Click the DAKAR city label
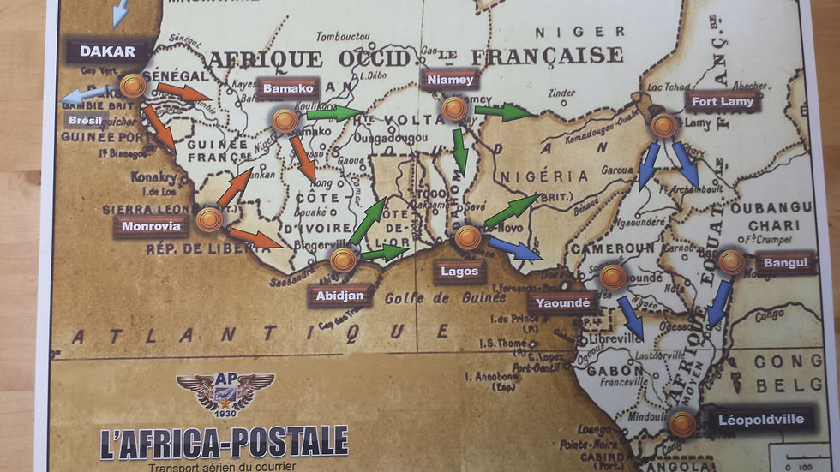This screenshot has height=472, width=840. tap(108, 51)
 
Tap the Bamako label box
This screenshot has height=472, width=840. tap(290, 88)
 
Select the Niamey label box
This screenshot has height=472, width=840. tap(448, 80)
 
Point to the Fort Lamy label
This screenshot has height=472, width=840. tap(722, 102)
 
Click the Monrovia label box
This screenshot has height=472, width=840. tap(151, 226)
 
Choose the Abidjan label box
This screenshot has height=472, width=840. tap(340, 296)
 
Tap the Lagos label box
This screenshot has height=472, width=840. tap(459, 272)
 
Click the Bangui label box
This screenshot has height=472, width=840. tap(785, 262)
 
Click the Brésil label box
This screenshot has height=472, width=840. tap(85, 120)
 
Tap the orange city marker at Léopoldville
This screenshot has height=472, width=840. tap(682, 423)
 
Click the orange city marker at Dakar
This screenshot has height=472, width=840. tap(132, 86)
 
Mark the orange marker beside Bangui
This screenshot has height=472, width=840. tap(731, 262)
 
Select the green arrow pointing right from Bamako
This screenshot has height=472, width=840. tap(334, 112)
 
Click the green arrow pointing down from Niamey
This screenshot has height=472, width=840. tap(460, 150)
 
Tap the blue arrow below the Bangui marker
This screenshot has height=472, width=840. tap(719, 303)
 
